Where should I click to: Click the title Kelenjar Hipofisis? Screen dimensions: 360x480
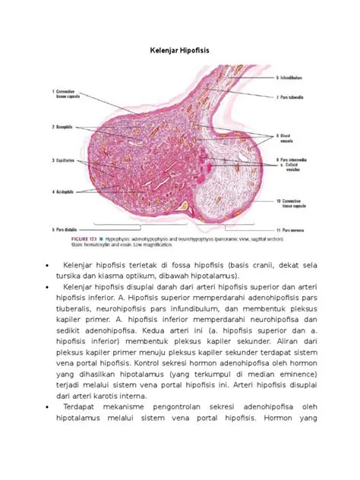pos(179,50)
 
